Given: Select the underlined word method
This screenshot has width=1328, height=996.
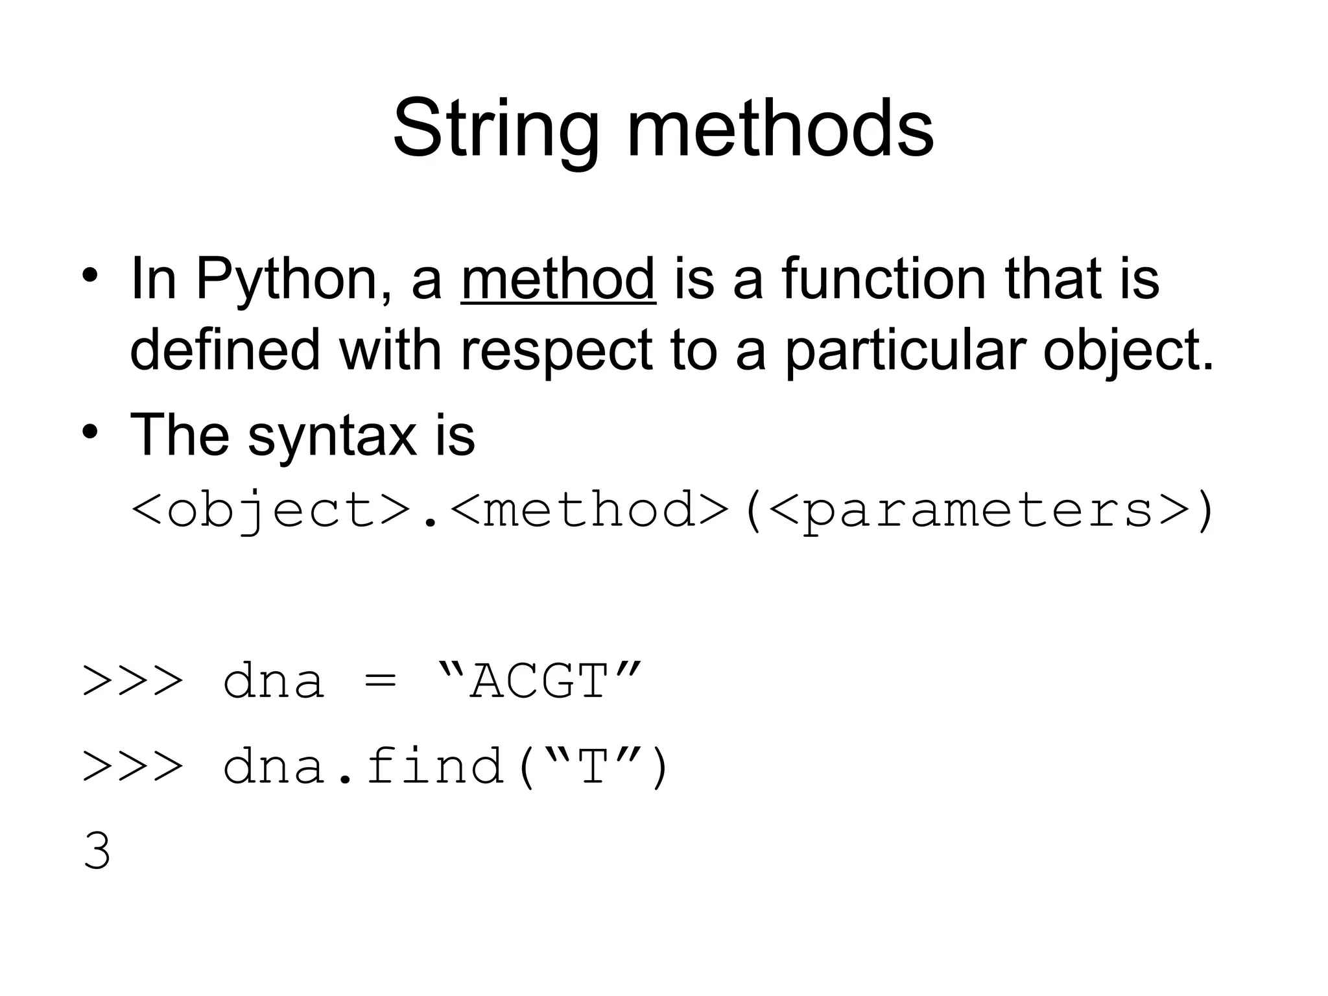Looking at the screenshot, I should tap(558, 279).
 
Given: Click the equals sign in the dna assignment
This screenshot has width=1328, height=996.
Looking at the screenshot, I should tap(380, 683).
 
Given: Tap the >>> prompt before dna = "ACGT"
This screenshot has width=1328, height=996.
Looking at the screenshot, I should tap(132, 683).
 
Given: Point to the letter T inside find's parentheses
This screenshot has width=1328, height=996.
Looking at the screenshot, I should tap(592, 767).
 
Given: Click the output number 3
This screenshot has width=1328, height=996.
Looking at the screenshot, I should tap(97, 851).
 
